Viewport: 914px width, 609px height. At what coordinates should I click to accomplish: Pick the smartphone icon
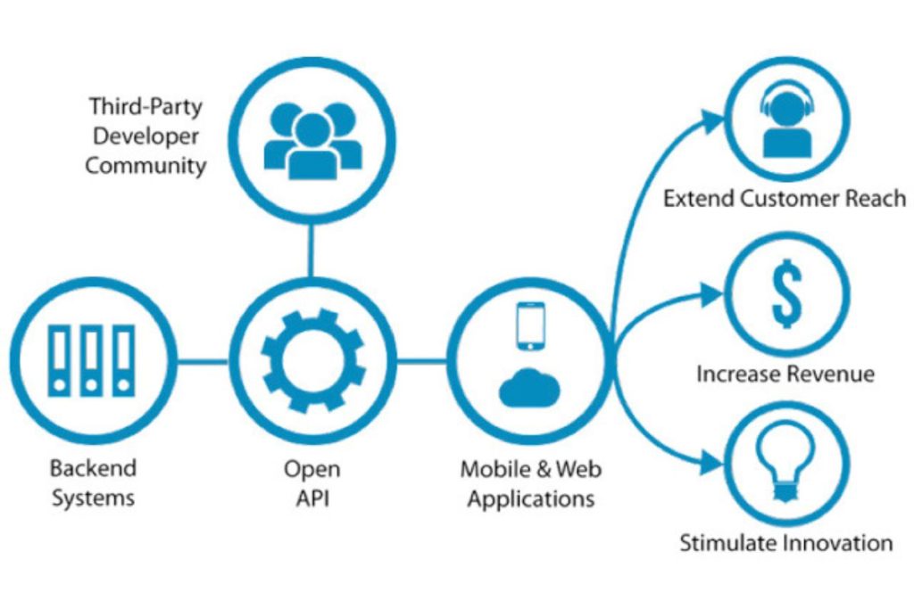point(530,326)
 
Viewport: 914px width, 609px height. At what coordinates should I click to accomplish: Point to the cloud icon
point(530,388)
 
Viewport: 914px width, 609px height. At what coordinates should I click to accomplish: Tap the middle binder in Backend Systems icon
point(90,360)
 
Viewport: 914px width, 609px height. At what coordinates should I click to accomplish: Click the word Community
point(145,166)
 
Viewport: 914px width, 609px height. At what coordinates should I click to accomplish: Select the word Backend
point(93,468)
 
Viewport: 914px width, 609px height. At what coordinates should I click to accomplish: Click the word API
point(312,498)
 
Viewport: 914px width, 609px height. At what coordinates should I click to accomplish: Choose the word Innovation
point(839,541)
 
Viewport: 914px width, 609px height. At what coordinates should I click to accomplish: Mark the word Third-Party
point(145,107)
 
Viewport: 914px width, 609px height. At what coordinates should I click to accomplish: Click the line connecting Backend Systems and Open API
point(203,360)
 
